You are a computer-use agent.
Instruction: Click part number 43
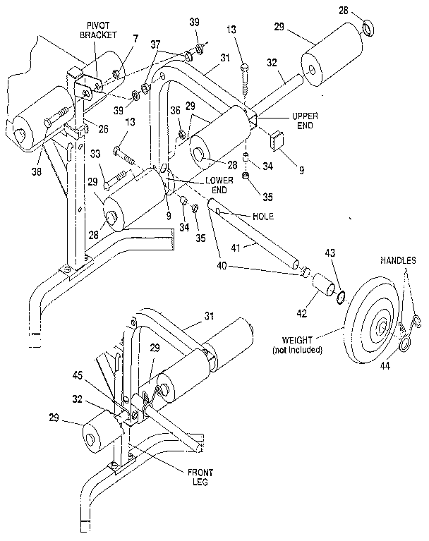coord(330,254)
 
